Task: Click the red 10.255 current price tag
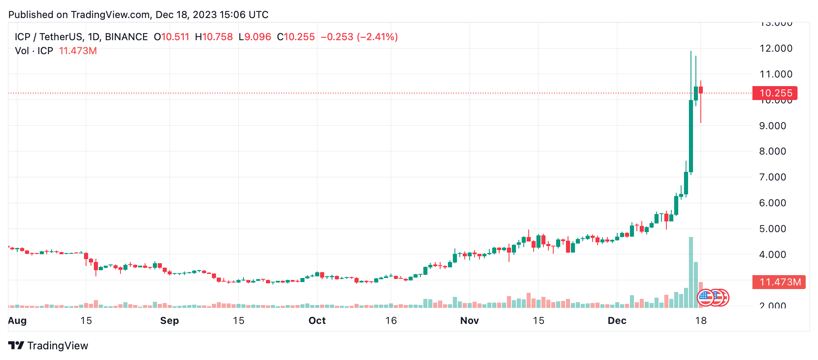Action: (775, 93)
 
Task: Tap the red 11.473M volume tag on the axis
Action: (779, 282)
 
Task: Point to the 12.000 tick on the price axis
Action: (776, 48)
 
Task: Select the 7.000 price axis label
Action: (773, 177)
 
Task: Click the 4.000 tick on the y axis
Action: (773, 255)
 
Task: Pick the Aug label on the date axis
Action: (17, 321)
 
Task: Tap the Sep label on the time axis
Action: (169, 321)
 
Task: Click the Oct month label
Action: (317, 321)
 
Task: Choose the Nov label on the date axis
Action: (469, 321)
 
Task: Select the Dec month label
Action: (617, 321)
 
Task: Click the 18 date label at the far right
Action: (701, 321)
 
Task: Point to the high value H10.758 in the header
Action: (214, 37)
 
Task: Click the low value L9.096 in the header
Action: (255, 37)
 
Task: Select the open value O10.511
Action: (172, 37)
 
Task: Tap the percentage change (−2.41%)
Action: (377, 37)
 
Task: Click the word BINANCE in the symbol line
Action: (126, 37)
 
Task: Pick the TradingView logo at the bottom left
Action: (48, 346)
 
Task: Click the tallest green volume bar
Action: (691, 273)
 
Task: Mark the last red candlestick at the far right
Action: (701, 90)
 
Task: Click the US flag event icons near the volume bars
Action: (713, 298)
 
